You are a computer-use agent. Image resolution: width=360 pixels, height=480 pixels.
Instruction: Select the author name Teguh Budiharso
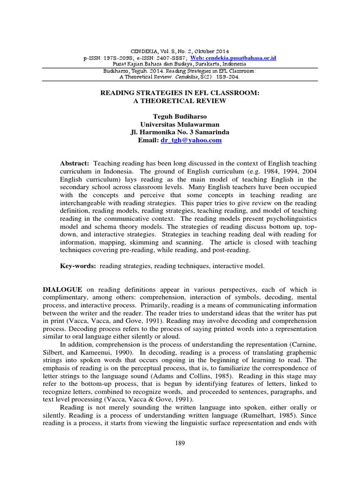pyautogui.click(x=180, y=116)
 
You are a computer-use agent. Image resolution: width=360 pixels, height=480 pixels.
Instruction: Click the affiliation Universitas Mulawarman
pyautogui.click(x=180, y=124)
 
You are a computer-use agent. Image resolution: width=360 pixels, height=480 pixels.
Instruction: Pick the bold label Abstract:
pyautogui.click(x=75, y=163)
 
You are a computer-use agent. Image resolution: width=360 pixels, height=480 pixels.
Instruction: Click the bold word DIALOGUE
pyautogui.click(x=63, y=290)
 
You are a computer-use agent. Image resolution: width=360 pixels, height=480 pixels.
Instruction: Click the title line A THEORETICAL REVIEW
pyautogui.click(x=180, y=100)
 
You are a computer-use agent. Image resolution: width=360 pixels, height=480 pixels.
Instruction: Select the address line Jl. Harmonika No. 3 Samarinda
pyautogui.click(x=180, y=132)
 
